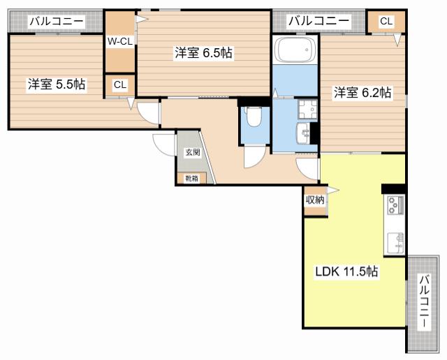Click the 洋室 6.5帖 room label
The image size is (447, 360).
coord(203,53)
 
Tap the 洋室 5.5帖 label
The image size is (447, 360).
coord(57,84)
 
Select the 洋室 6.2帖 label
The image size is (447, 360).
coord(362,93)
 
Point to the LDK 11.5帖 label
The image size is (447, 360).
coord(346,271)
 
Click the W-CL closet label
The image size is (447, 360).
coord(119,42)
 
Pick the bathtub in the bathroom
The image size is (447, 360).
coord(295,50)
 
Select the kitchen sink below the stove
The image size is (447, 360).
coord(396,243)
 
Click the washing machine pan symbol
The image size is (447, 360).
coord(307,109)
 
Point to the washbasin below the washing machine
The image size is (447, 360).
coord(304,133)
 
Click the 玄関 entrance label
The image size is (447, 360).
coord(193,152)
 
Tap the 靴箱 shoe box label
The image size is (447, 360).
coord(191,179)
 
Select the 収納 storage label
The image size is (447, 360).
coord(315,200)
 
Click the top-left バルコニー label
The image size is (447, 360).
coord(57,21)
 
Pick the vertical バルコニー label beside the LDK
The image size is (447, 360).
coord(425,301)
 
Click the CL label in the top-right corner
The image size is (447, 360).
coord(386,21)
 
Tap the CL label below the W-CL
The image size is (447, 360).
coord(120,84)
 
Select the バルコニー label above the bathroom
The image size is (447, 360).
coord(318,21)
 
